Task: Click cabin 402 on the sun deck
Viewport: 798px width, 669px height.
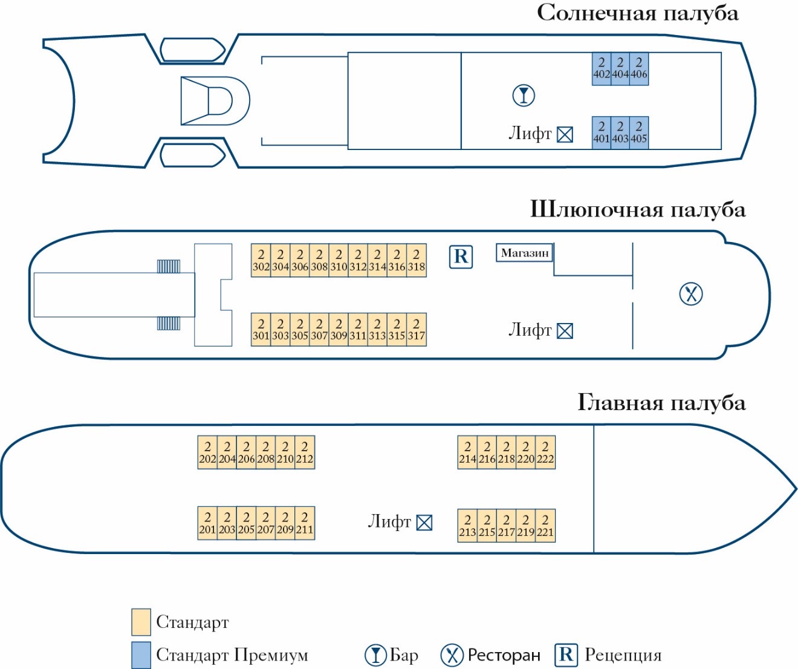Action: pos(602,68)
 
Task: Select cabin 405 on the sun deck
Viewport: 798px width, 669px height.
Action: pos(639,132)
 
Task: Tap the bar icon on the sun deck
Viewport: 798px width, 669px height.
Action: pos(524,96)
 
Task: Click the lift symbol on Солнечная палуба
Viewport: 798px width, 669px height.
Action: pos(565,134)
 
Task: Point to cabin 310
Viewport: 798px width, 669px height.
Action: pos(339,261)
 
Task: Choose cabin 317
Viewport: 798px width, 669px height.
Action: pos(417,330)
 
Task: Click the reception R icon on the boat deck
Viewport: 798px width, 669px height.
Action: pos(461,256)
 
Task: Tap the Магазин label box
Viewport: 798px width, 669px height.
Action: pos(525,253)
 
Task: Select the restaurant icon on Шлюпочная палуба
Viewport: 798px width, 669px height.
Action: pos(691,294)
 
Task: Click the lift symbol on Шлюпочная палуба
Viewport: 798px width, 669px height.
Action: pos(565,331)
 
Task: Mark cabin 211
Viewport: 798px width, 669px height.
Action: pos(305,523)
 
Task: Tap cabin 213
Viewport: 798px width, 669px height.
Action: pos(467,526)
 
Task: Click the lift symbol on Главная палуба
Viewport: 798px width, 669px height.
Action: pos(424,523)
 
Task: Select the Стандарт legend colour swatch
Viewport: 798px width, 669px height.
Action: pos(141,622)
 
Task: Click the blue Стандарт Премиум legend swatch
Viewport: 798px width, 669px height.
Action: pos(141,655)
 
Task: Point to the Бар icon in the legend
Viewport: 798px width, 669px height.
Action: pos(375,654)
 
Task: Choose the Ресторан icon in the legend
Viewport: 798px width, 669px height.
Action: pos(452,654)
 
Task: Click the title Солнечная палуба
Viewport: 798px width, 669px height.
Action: pos(638,13)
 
